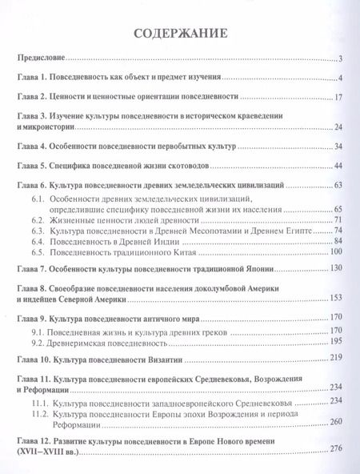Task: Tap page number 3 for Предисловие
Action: [340, 58]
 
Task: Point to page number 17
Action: [338, 97]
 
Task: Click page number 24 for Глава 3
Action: [338, 127]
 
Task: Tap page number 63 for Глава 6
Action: [338, 185]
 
